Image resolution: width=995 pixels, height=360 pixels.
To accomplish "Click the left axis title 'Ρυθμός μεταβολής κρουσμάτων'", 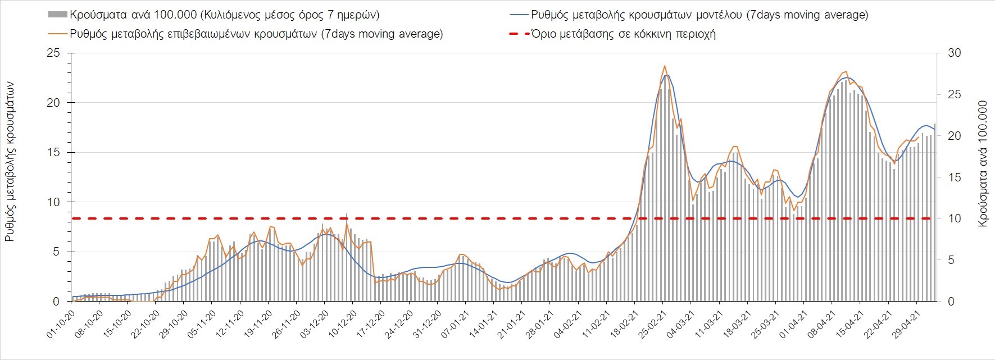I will (x=10, y=161).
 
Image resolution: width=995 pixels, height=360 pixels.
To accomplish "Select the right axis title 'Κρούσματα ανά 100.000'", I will (x=983, y=164).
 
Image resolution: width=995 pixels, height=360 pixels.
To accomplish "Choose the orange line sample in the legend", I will (x=57, y=34).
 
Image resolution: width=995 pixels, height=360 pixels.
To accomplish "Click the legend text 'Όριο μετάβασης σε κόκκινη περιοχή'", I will (x=624, y=34).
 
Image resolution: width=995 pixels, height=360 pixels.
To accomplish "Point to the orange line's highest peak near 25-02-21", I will (x=665, y=66).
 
